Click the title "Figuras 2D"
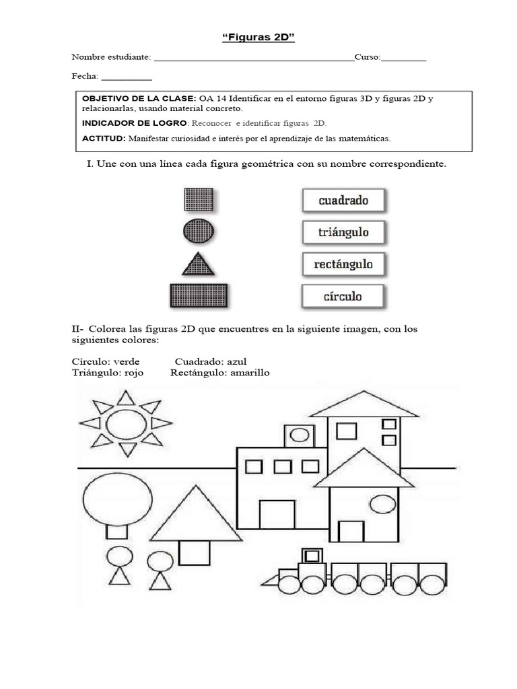[x=258, y=38]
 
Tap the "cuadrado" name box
[x=344, y=201]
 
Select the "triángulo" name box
[x=344, y=232]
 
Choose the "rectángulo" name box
[x=344, y=264]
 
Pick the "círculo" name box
[x=344, y=296]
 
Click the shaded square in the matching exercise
[x=199, y=200]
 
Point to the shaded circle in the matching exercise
[x=199, y=231]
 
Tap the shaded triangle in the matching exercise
[x=199, y=264]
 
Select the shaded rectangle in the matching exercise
[x=199, y=295]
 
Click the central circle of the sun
[x=127, y=424]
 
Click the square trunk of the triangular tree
[x=194, y=552]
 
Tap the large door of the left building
[x=277, y=515]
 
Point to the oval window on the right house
[x=383, y=503]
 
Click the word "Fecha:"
[x=85, y=76]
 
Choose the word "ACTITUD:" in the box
[x=104, y=139]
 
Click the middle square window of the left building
[x=283, y=466]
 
